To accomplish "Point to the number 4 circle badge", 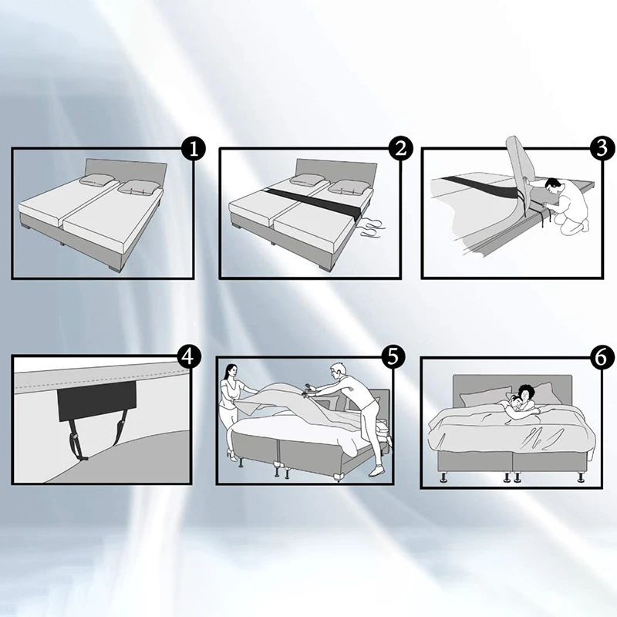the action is click(x=188, y=356).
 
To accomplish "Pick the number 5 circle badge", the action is click(x=393, y=356).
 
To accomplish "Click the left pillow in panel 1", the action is click(x=99, y=182).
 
